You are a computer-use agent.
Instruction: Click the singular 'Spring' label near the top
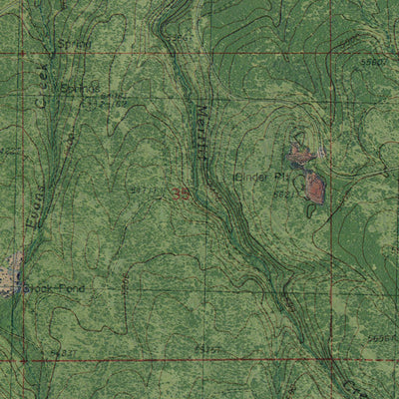click(x=73, y=45)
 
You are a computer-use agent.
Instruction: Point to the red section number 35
click(x=181, y=192)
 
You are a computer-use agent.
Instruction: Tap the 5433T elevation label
click(x=63, y=352)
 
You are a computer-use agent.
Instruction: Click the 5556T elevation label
click(x=377, y=339)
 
